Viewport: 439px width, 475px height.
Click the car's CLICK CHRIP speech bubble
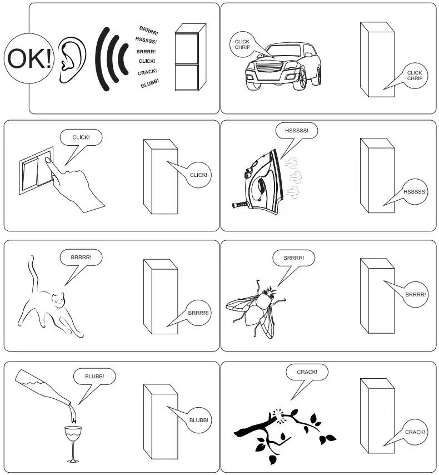click(x=242, y=44)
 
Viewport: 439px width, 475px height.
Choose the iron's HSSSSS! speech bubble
click(x=296, y=131)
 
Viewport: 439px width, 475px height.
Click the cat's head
click(x=59, y=300)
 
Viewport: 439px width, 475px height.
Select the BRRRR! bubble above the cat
click(x=81, y=258)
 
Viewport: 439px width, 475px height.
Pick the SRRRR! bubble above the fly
click(x=293, y=259)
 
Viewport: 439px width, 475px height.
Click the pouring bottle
click(x=44, y=390)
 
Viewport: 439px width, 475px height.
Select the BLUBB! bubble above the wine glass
click(x=94, y=377)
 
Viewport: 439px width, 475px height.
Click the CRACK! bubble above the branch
click(x=307, y=372)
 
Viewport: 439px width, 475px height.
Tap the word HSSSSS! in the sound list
click(x=146, y=41)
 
